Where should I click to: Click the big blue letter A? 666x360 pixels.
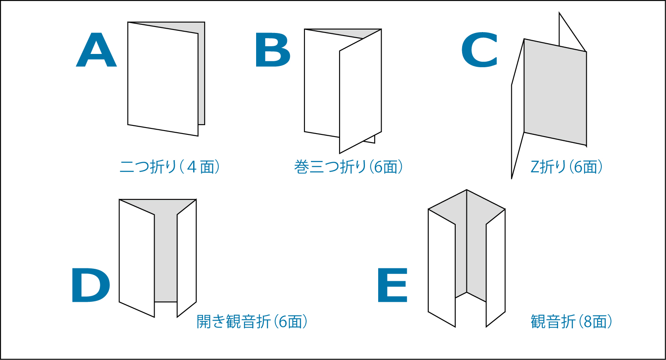click(x=96, y=50)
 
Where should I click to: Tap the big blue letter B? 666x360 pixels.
click(x=273, y=50)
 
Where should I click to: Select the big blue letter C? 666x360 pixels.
click(x=480, y=50)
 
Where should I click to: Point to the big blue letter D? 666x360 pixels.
click(x=91, y=286)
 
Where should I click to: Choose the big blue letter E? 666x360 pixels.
click(x=392, y=286)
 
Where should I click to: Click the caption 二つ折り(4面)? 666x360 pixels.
click(x=170, y=167)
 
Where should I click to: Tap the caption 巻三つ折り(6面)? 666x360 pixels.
click(x=349, y=167)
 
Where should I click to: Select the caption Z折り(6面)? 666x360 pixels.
click(x=567, y=167)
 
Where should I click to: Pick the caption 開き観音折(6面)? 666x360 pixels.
click(x=252, y=321)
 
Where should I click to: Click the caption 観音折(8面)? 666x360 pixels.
click(x=571, y=321)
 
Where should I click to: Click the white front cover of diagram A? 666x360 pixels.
click(x=163, y=79)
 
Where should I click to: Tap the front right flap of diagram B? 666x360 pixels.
click(x=360, y=91)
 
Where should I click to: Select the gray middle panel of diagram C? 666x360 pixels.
click(x=555, y=92)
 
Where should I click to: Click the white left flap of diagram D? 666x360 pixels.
click(x=137, y=258)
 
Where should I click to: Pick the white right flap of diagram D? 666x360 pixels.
click(x=187, y=258)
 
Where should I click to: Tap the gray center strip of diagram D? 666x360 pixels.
click(x=166, y=256)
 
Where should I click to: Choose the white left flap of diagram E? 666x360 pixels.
click(x=442, y=268)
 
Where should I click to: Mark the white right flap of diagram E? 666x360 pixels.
click(x=496, y=268)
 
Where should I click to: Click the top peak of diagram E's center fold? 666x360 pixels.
click(x=466, y=190)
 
